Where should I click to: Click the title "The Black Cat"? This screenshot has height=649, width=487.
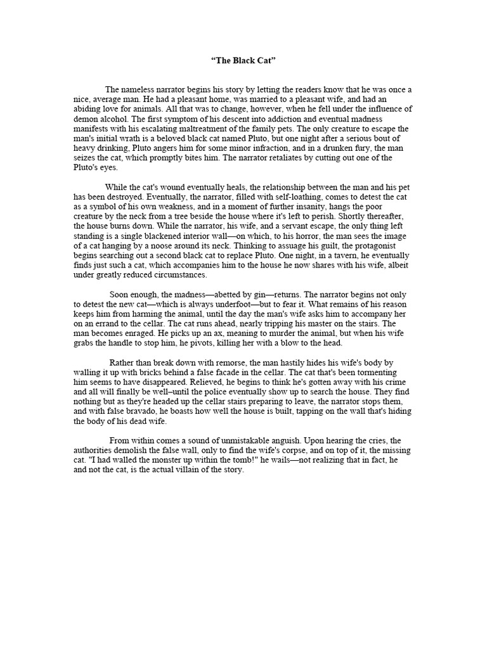pos(243,61)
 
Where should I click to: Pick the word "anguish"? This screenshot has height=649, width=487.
pos(309,440)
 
